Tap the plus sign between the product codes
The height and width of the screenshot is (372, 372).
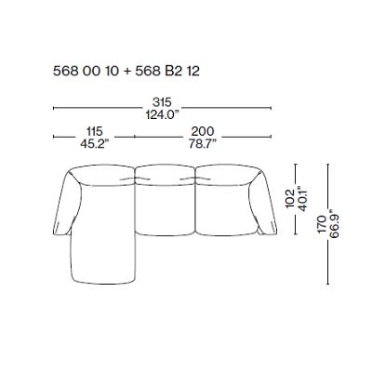(116, 69)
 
